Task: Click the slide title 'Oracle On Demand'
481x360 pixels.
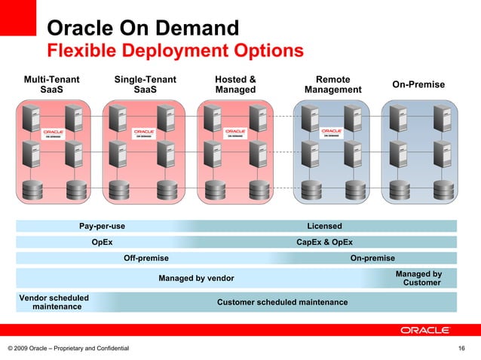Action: pyautogui.click(x=143, y=29)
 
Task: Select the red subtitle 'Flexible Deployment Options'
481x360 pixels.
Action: pyautogui.click(x=175, y=51)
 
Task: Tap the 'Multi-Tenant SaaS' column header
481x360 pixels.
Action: pyautogui.click(x=52, y=84)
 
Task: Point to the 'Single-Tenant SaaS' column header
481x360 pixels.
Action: pyautogui.click(x=145, y=84)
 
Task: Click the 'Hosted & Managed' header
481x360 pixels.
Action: pyautogui.click(x=235, y=84)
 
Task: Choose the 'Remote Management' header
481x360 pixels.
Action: pyautogui.click(x=332, y=84)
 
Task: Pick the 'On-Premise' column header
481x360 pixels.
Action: pyautogui.click(x=418, y=85)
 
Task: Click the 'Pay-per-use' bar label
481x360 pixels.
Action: pyautogui.click(x=102, y=226)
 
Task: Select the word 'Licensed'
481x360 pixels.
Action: pyautogui.click(x=324, y=226)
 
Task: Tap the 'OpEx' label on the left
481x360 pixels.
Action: pyautogui.click(x=102, y=243)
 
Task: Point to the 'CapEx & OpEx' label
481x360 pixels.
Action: pyautogui.click(x=324, y=243)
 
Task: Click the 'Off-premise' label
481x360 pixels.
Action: pyautogui.click(x=146, y=258)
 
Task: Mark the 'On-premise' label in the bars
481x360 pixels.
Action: pyautogui.click(x=372, y=258)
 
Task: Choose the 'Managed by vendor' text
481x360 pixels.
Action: pyautogui.click(x=196, y=279)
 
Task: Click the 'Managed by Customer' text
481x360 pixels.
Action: pyautogui.click(x=418, y=279)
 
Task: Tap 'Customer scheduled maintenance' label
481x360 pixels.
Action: pyautogui.click(x=282, y=302)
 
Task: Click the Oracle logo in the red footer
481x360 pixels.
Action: pyautogui.click(x=424, y=330)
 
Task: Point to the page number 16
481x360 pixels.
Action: pyautogui.click(x=462, y=348)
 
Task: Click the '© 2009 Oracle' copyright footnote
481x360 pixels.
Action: pyautogui.click(x=68, y=348)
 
